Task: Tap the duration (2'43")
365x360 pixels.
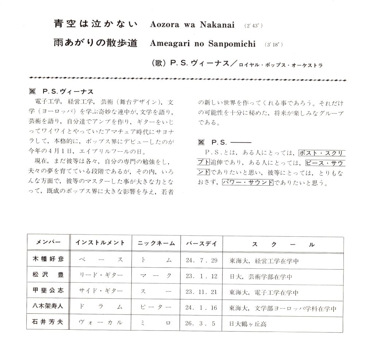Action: coord(253,26)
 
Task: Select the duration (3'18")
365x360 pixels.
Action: coord(273,45)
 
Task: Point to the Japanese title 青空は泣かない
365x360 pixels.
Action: coord(95,24)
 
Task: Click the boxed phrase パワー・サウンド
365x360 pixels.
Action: coord(247,182)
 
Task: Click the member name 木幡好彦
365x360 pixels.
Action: coord(48,260)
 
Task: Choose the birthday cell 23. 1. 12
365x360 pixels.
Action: coord(201,276)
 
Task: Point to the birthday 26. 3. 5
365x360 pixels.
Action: coord(201,323)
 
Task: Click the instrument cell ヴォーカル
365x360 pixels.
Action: coord(100,323)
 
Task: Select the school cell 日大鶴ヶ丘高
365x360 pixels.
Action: coord(248,324)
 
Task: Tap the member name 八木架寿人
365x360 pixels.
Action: coord(48,307)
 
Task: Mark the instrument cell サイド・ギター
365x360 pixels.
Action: coord(100,292)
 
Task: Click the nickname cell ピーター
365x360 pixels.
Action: coord(156,307)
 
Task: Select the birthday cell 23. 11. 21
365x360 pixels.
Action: coord(201,292)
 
